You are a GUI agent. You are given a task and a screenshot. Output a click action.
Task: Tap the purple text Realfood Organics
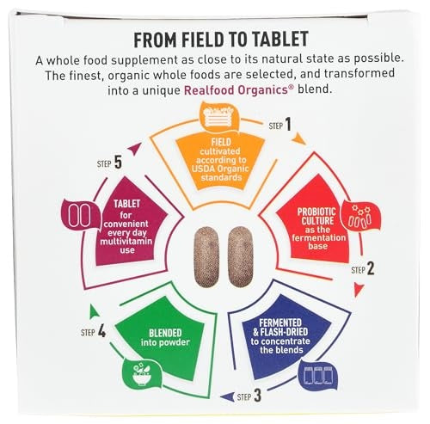[x=236, y=90]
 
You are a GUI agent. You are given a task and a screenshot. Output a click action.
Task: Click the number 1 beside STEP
[x=288, y=125]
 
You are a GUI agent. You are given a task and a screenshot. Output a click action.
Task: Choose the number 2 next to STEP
[x=371, y=269]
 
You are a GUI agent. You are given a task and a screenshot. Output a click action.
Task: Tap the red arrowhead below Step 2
[x=359, y=290]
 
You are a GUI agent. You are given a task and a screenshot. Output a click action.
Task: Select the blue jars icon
[x=318, y=375]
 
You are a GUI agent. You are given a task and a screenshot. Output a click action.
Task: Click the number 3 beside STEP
[x=257, y=396]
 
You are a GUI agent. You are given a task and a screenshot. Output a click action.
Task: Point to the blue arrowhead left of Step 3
[x=227, y=396]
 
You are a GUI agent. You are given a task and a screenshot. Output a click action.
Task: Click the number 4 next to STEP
[x=101, y=331]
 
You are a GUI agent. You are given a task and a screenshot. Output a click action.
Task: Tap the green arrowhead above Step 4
[x=94, y=311]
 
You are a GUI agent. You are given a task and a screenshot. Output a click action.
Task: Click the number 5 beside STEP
[x=118, y=163]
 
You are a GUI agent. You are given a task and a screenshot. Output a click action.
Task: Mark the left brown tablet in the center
[x=206, y=256]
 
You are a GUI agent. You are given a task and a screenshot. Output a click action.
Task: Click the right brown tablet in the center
[x=241, y=256]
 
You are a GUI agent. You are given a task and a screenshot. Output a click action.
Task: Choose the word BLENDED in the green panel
[x=165, y=333]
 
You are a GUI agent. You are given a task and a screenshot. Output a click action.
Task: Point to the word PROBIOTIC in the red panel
[x=316, y=212]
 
